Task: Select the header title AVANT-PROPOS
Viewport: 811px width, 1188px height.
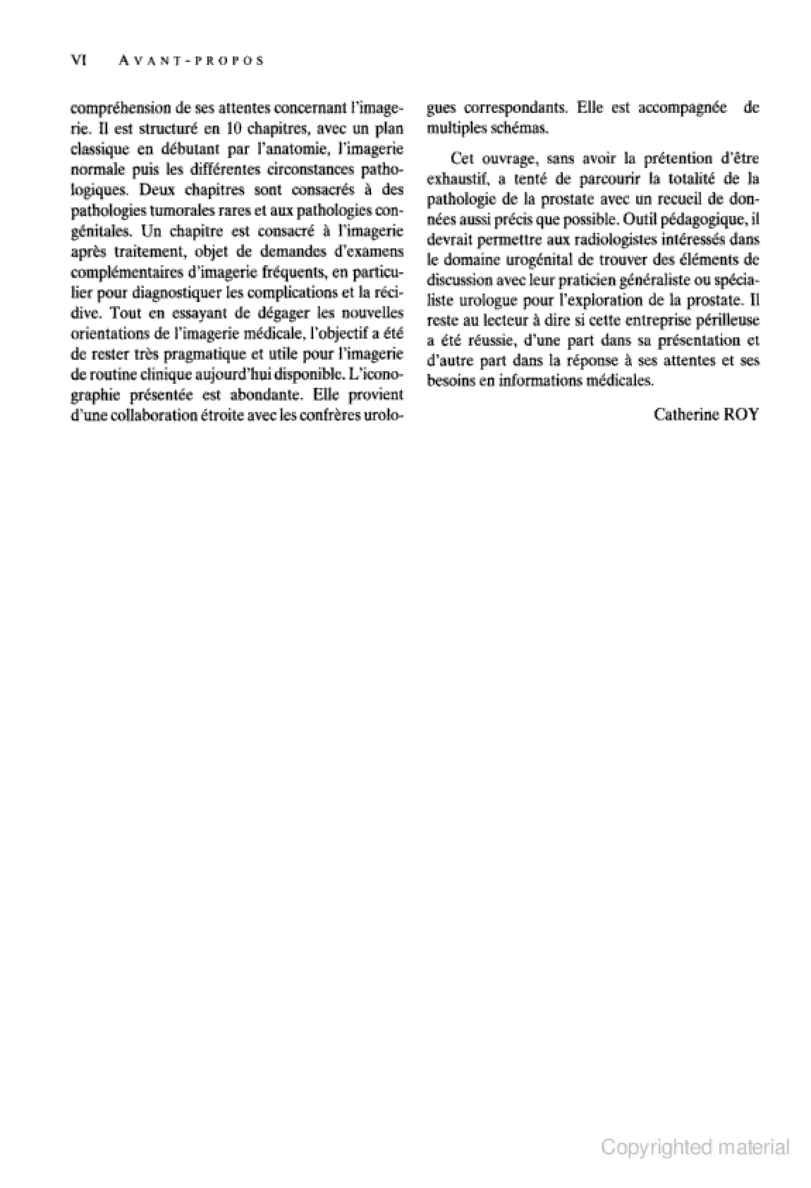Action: (x=190, y=61)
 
